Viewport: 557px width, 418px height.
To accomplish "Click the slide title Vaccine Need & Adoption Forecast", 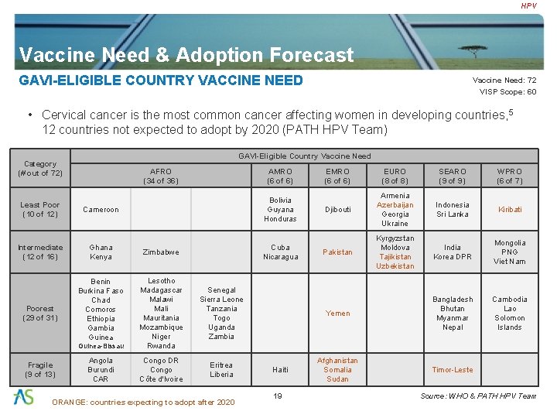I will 186,55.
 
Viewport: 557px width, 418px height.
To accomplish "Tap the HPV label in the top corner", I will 528,6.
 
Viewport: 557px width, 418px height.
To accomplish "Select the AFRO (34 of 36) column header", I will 161,176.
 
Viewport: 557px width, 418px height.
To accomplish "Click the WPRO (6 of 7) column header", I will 509,176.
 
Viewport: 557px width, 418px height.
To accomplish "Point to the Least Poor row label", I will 40,210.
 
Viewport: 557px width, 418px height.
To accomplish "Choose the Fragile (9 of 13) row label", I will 40,370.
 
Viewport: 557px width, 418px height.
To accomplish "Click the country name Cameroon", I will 102,210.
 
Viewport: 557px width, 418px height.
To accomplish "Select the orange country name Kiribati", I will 509,210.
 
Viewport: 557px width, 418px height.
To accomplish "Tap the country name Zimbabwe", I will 161,252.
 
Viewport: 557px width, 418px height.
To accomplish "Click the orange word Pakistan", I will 337,252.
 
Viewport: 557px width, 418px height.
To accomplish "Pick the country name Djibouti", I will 337,210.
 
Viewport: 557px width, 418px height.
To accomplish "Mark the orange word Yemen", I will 337,313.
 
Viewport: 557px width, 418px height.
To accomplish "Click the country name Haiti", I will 280,370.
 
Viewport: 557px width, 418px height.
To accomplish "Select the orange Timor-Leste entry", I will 453,370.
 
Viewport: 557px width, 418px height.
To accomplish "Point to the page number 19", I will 278,396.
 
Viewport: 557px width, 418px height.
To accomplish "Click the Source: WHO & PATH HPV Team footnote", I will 477,396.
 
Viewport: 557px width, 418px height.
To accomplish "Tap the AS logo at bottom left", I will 24,396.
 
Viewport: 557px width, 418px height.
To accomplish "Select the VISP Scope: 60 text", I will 507,91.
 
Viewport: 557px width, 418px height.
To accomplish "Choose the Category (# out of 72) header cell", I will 40,168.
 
